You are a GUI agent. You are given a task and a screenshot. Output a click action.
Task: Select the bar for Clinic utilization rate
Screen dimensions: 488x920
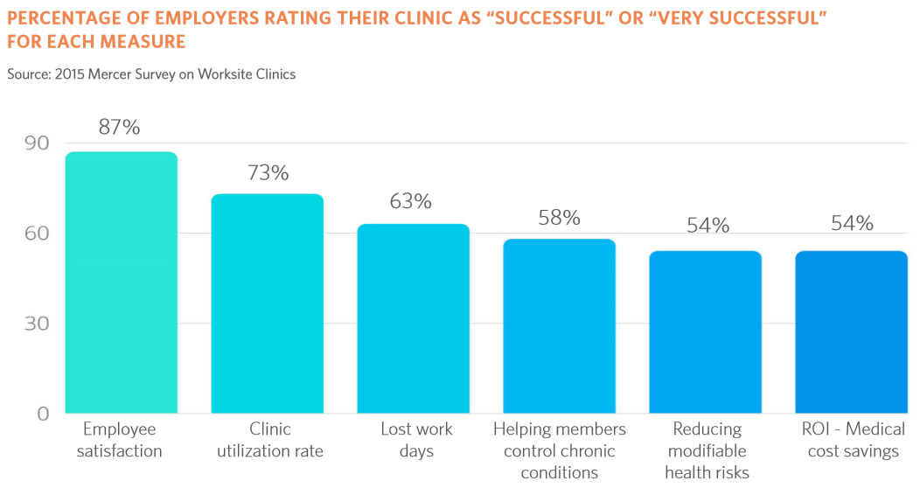click(268, 303)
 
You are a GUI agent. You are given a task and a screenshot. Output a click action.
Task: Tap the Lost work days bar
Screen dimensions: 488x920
click(414, 318)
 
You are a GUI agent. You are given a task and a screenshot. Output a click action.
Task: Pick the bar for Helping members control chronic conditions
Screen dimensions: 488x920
click(560, 326)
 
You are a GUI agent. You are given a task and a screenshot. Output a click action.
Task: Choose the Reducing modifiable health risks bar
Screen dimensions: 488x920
click(706, 332)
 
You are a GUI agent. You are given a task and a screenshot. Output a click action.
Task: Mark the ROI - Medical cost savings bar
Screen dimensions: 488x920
click(852, 332)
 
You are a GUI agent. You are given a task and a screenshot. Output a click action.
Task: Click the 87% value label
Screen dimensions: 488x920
click(120, 128)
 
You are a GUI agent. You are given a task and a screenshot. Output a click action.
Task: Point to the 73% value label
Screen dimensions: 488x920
click(268, 173)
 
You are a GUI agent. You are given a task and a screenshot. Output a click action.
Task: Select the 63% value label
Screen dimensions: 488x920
click(411, 202)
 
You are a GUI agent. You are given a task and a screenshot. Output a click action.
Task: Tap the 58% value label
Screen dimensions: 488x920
click(560, 218)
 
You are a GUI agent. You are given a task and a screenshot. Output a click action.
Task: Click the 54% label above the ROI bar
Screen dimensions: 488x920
click(852, 224)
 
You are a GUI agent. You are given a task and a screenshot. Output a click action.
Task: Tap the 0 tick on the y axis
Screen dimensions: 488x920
click(42, 414)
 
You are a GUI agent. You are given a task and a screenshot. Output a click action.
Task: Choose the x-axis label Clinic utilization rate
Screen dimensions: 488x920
click(269, 440)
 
